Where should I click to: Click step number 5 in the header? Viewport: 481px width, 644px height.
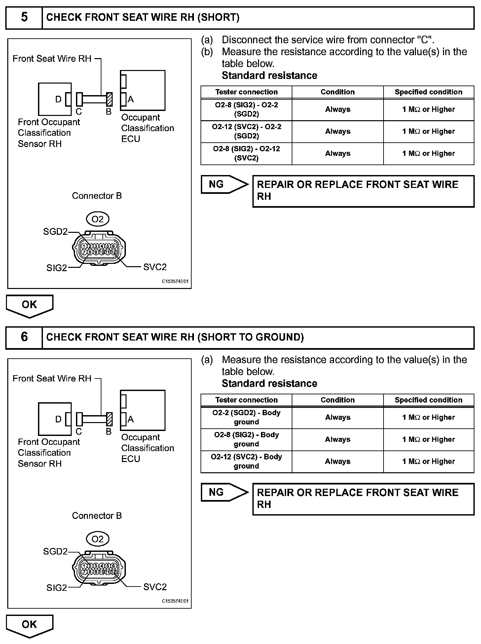coord(24,17)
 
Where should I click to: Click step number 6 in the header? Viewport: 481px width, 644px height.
coord(24,337)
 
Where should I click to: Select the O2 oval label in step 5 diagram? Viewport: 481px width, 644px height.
coord(97,219)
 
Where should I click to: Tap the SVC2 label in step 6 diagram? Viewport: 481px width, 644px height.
coord(155,587)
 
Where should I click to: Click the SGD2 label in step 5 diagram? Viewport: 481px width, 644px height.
coord(55,232)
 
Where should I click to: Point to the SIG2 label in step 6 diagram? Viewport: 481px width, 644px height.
coord(56,588)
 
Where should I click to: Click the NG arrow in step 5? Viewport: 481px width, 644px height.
coord(224,184)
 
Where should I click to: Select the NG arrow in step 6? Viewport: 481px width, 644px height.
coord(224,492)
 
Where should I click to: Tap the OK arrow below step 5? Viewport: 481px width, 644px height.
coord(29,305)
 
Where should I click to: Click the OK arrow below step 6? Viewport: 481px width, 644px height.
coord(29,625)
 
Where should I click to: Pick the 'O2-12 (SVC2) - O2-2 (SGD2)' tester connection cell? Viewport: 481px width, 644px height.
coord(246,131)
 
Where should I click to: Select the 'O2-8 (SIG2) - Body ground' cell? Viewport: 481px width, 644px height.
coord(246,439)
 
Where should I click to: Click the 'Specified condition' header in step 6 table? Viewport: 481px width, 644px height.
coord(428,400)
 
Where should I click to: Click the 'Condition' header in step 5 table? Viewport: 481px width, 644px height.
coord(338,92)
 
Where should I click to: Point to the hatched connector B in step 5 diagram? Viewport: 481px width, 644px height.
coord(110,99)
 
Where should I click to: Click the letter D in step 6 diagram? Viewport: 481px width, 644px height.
coord(58,419)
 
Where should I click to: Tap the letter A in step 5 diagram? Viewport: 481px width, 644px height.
coord(130,99)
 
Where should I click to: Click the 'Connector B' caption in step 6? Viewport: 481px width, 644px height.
coord(97,516)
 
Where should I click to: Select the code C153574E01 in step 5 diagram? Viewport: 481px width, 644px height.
coord(175,281)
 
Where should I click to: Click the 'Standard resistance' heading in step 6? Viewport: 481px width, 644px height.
coord(269,383)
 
